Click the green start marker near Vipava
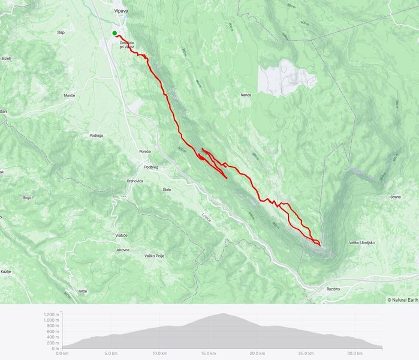pos(114,33)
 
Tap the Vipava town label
pos(122,11)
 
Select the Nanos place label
pos(245,95)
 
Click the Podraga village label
pos(96,136)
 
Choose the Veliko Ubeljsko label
pos(361,242)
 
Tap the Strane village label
pos(395,197)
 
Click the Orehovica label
pos(135,181)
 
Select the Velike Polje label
pos(154,256)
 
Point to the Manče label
pos(69,96)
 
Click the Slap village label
pos(61,32)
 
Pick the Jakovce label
pos(122,250)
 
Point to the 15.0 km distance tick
pos(208,353)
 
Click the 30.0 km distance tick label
pos(355,353)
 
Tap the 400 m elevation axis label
pos(54,337)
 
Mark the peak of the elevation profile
pos(223,313)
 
